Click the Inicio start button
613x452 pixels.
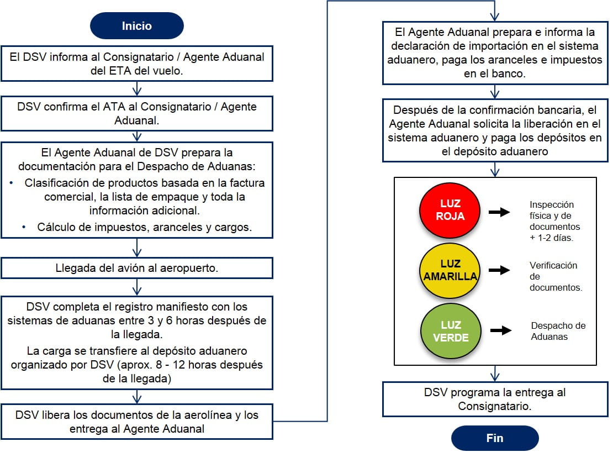click(x=137, y=25)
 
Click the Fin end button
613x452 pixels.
click(x=495, y=438)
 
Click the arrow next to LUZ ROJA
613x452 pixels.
click(x=500, y=212)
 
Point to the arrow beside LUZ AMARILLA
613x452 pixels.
click(x=500, y=270)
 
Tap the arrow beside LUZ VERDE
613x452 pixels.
click(x=500, y=330)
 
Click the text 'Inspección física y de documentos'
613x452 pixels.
click(x=555, y=221)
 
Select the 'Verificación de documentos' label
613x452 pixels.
click(x=556, y=276)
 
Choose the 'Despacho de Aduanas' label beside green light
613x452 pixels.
click(x=558, y=331)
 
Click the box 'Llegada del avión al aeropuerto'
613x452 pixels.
click(x=137, y=268)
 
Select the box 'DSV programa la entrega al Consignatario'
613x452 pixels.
click(x=495, y=399)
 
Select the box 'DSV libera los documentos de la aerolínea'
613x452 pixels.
click(x=137, y=421)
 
